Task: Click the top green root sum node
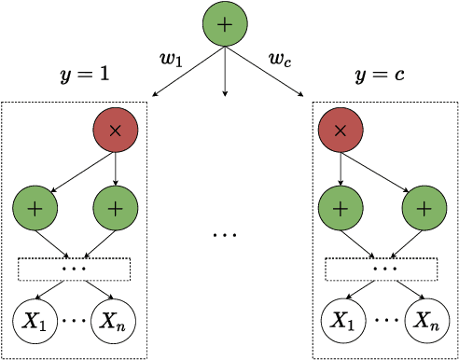coord(224,24)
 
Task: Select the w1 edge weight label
coord(171,62)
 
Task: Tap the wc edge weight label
coord(279,62)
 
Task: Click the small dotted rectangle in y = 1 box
coord(76,269)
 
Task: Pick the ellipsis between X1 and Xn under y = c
coord(383,321)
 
